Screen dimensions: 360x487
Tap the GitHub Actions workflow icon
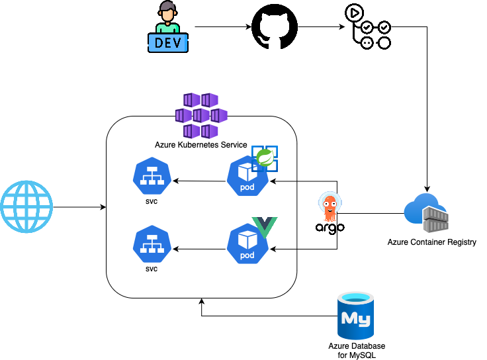(367, 26)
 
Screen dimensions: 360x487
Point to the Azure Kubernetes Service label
(200, 145)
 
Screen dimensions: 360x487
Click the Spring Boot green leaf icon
(265, 157)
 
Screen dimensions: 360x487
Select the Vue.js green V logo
(265, 227)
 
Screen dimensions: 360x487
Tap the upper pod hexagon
(247, 176)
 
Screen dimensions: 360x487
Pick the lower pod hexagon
(247, 244)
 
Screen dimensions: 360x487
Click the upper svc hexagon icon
(152, 175)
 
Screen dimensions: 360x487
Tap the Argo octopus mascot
(330, 206)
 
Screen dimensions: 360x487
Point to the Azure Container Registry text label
(431, 242)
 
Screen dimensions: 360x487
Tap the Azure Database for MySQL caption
(357, 351)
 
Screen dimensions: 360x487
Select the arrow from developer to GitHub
(222, 28)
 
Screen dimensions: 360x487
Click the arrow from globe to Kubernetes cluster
(79, 208)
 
